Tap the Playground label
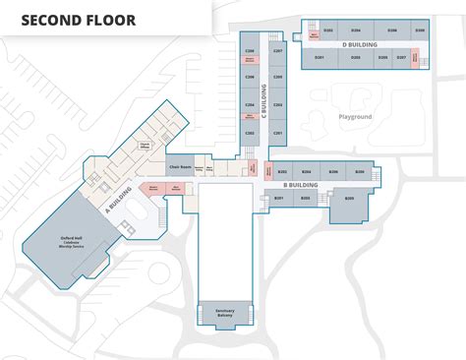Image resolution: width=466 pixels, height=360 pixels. (355, 117)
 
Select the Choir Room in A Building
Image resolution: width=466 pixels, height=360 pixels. (180, 156)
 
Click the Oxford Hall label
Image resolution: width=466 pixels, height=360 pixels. (70, 243)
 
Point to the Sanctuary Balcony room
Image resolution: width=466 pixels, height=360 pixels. (225, 314)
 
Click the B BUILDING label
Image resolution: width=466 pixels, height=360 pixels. (300, 184)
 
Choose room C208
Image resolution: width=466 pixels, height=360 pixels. (250, 50)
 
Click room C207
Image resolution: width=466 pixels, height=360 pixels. (278, 50)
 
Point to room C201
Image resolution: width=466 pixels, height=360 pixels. (278, 132)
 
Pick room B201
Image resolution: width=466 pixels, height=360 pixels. (279, 200)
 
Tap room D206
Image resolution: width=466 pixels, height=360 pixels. (392, 30)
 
